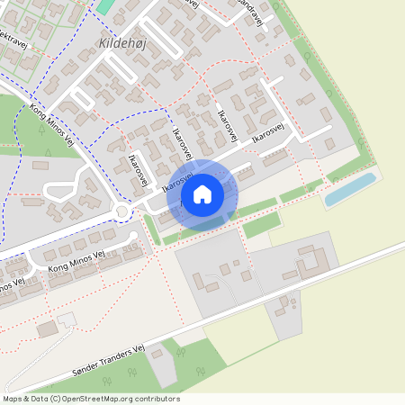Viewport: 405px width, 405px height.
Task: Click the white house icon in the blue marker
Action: point(202,193)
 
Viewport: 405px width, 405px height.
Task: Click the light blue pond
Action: point(349,190)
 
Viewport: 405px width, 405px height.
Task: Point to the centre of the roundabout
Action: point(121,212)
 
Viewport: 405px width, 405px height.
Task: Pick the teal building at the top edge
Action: point(105,5)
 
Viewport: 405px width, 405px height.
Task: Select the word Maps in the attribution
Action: point(13,399)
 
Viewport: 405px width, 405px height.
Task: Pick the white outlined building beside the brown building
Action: point(66,319)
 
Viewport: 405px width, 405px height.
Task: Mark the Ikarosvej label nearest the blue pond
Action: point(274,131)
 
